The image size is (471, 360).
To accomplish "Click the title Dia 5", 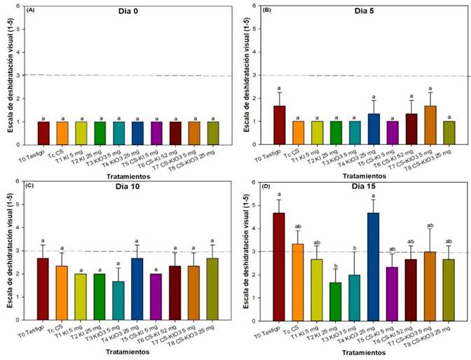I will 369,13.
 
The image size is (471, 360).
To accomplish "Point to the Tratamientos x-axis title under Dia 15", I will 370,353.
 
